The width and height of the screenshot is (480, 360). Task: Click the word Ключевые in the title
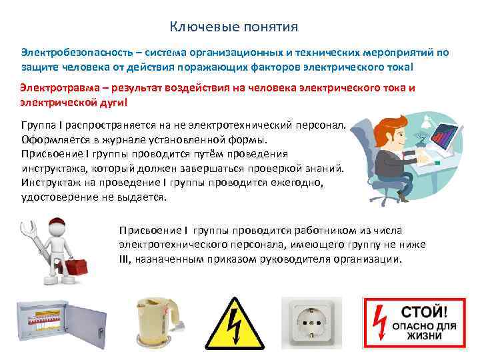pyautogui.click(x=205, y=27)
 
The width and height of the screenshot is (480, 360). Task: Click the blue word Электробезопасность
pyautogui.click(x=77, y=53)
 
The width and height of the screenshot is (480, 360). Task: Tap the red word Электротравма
pyautogui.click(x=60, y=88)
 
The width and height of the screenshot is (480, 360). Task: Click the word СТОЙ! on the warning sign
pyautogui.click(x=424, y=312)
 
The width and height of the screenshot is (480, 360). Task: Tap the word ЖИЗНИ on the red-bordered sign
pyautogui.click(x=424, y=336)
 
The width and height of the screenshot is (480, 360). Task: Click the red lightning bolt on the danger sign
pyautogui.click(x=379, y=323)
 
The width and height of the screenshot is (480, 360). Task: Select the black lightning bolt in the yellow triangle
pyautogui.click(x=235, y=326)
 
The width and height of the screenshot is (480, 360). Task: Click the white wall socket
pyautogui.click(x=311, y=323)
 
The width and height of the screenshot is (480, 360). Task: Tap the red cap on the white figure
pyautogui.click(x=58, y=223)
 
